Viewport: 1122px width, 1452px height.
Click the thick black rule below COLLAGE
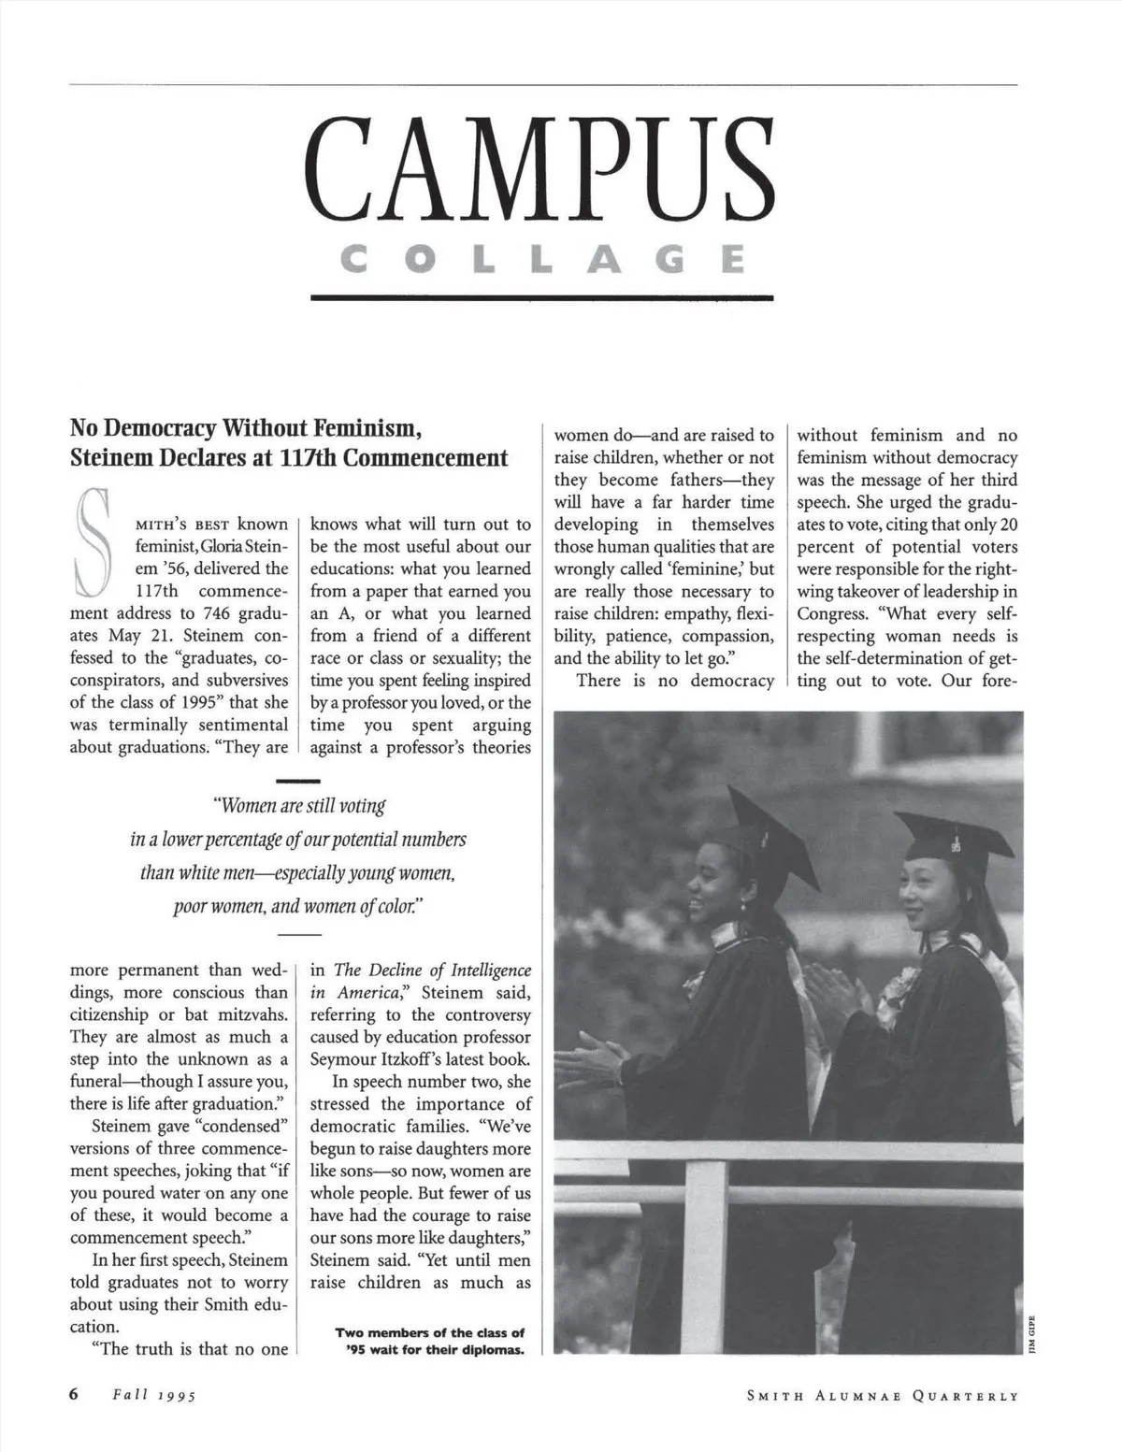pos(542,297)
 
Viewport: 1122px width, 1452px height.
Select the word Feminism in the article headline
pos(366,429)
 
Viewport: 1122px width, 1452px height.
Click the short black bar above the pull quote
pos(299,780)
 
